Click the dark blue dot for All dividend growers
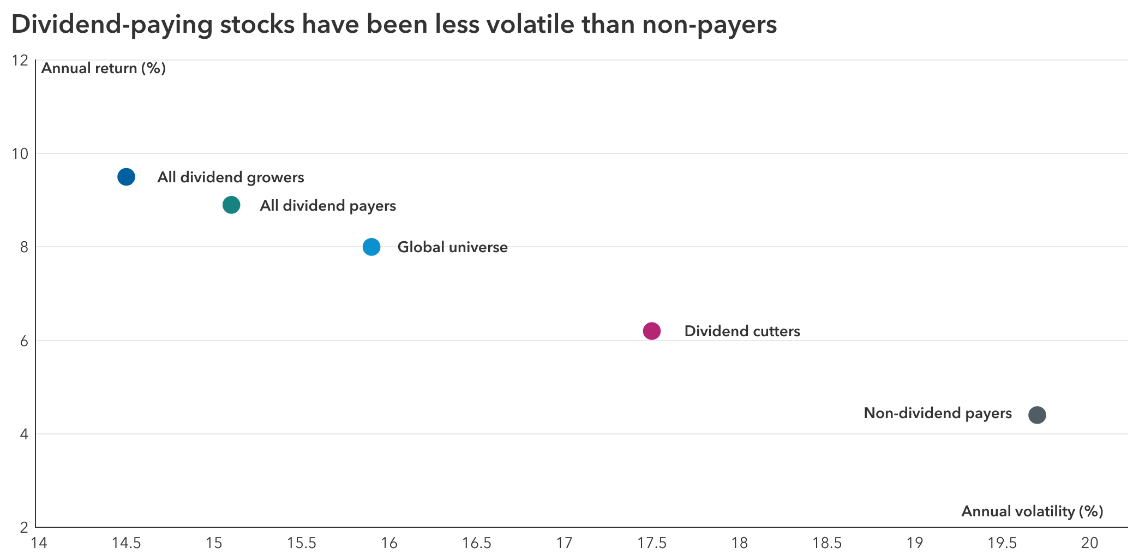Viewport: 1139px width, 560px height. coord(126,177)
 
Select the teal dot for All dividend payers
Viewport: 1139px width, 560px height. coord(231,205)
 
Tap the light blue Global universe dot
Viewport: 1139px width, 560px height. coord(371,247)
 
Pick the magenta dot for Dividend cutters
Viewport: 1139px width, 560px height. coord(652,331)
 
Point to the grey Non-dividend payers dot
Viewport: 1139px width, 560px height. coord(1037,415)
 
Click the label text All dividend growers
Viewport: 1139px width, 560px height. coord(230,177)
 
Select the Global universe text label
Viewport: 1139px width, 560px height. coord(452,247)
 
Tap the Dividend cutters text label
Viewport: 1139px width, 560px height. coord(742,331)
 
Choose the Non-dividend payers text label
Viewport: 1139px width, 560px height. coord(937,413)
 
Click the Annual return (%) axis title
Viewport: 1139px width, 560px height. coord(104,68)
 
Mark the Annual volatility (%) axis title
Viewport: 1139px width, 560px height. coord(1032,511)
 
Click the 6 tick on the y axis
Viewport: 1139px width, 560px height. coord(24,341)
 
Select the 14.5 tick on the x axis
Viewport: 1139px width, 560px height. coord(126,543)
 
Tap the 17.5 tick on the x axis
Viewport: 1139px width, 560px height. coord(652,543)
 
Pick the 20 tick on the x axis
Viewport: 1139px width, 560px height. coord(1089,543)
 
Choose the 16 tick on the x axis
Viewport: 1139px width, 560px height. coord(389,543)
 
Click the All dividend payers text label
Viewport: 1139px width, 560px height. coord(327,206)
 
